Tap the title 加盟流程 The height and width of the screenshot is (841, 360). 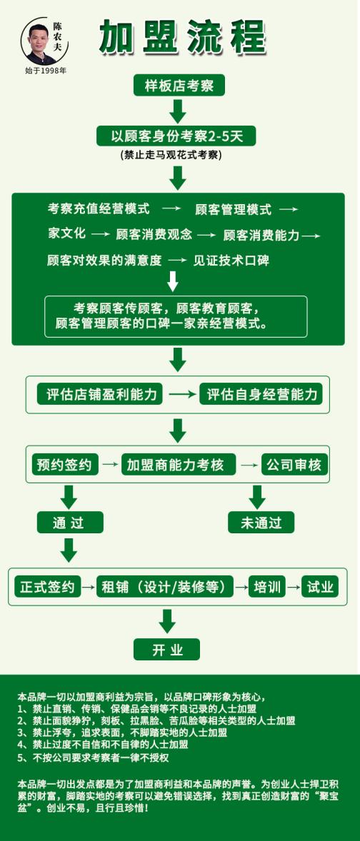pos(182,36)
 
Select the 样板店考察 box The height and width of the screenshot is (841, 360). pos(179,86)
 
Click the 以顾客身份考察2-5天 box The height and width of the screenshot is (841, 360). pos(176,136)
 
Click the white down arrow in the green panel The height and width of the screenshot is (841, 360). pos(172,281)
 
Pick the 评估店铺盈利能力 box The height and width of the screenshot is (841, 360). pos(101,395)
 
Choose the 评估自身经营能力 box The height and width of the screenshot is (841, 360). pos(261,395)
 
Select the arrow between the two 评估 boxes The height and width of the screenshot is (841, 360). pos(182,395)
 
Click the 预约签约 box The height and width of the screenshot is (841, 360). pos(66,465)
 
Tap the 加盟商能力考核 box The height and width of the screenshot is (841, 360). pos(179,465)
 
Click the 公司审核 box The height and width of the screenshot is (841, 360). pos(294,465)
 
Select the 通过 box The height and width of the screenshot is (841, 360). pos(70,523)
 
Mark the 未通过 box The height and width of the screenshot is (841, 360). pos(261,523)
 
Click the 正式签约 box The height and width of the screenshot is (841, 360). pos(47,587)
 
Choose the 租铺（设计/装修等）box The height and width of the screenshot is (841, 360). pos(165,587)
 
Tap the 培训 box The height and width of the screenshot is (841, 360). pos(267,587)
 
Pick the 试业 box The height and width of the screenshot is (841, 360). pos(320,587)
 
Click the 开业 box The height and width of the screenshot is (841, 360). pos(167,650)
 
